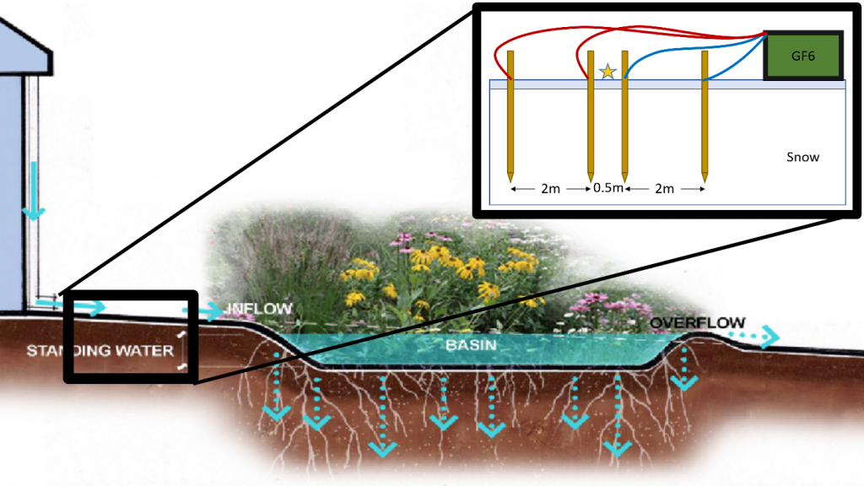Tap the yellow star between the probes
click(x=607, y=72)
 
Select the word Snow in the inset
click(x=802, y=157)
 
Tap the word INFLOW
click(x=262, y=309)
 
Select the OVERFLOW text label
click(x=697, y=323)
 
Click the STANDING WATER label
click(x=99, y=350)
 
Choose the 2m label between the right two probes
click(x=664, y=189)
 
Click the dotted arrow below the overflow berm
click(x=683, y=371)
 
